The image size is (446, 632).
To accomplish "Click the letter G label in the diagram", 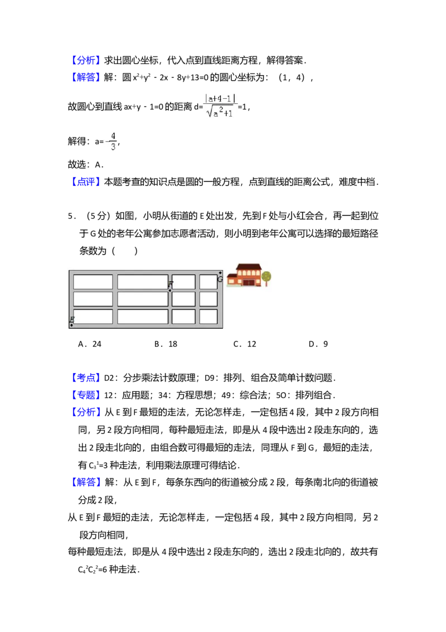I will [220, 279].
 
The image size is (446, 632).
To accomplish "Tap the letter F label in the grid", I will [171, 284].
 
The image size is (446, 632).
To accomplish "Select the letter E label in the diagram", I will [72, 319].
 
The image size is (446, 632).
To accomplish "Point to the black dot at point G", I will [220, 273].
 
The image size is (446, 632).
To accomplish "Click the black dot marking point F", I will [170, 291].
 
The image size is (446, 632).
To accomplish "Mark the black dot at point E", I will [71, 325].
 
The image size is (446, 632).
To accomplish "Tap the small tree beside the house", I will [266, 277].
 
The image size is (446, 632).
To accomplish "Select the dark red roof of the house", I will [248, 267].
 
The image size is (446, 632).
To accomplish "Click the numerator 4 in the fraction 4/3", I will [113, 136].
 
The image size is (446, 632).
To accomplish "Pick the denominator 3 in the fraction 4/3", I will [113, 147].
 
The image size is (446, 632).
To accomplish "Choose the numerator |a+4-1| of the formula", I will [221, 99].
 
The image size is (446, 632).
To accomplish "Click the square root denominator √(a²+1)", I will [220, 112].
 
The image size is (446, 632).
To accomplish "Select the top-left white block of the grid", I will [93, 282].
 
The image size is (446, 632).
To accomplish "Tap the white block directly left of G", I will [208, 282].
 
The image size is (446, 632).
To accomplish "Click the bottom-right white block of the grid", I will [208, 316].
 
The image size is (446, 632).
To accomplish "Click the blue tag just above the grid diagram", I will [86, 181].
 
